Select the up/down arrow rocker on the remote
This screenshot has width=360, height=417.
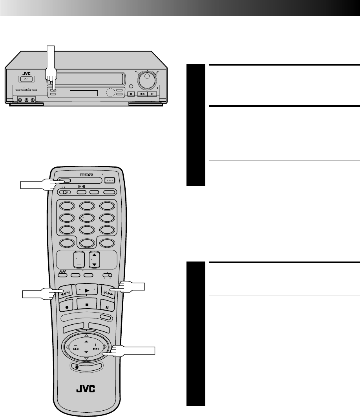click(94, 260)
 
